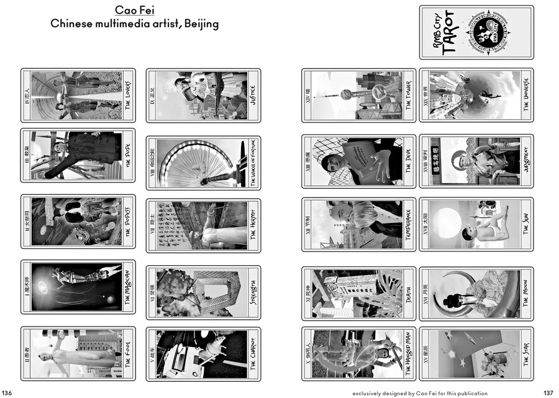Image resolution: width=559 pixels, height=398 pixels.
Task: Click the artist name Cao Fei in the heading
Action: point(134,11)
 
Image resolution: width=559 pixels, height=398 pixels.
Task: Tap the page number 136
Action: point(7,392)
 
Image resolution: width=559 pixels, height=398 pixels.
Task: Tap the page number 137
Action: point(548,392)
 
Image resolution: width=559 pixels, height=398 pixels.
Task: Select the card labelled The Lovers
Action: point(78,95)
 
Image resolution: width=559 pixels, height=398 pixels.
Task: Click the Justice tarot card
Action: point(203,95)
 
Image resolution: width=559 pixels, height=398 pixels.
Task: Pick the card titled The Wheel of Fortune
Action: point(203,163)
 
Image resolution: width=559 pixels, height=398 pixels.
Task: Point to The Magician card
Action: point(78,286)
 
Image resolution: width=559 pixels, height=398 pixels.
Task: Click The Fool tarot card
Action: point(78,353)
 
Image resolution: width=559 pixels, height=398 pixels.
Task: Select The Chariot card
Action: point(203,353)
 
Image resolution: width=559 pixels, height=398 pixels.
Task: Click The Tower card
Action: point(359,95)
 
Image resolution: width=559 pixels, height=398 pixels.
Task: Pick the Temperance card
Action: point(359,224)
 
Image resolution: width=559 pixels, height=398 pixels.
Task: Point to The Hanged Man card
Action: point(359,353)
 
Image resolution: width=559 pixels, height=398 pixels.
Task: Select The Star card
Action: point(476,353)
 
